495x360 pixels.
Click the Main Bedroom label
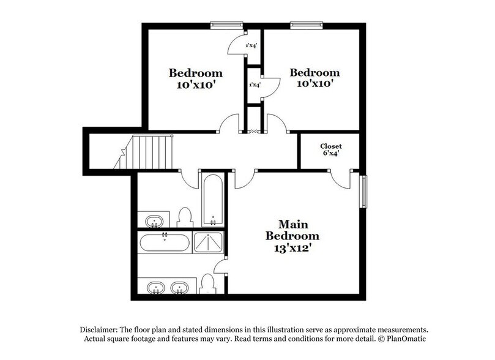coord(292,230)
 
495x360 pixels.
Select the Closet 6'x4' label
coord(331,149)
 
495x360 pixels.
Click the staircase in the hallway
coord(144,152)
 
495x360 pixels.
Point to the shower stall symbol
coord(208,242)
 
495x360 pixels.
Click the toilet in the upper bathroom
coord(185,217)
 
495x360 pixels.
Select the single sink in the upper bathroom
coord(154,221)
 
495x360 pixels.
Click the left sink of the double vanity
coord(155,288)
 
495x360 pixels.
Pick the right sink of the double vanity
coord(180,288)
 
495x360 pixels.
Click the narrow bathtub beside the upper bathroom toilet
coord(213,200)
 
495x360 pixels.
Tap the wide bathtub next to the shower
coord(165,242)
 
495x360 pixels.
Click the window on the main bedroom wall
coord(363,192)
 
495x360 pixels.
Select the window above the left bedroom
coord(226,24)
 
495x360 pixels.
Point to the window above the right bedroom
coord(307,24)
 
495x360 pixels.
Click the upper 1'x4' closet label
coord(251,45)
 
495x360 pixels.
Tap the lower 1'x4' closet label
coord(255,84)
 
